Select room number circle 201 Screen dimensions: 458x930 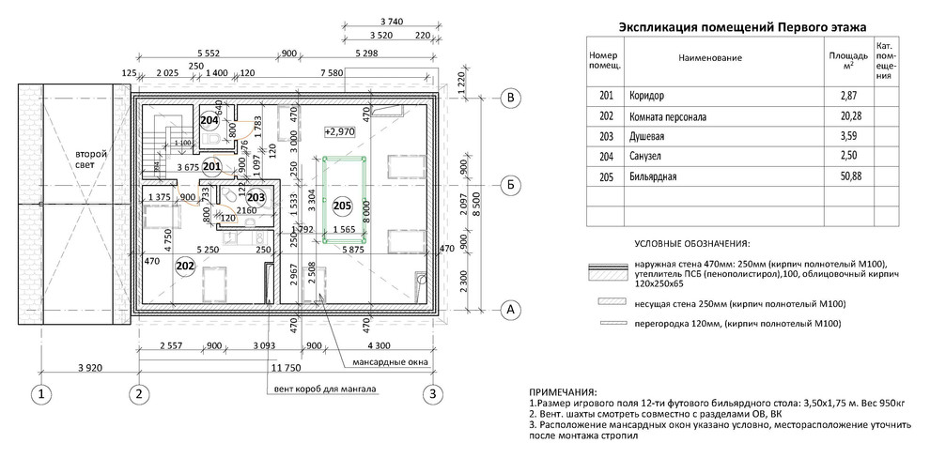211,167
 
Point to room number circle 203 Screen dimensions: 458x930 256,197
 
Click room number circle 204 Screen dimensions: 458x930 209,120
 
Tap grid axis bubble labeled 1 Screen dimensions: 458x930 41,393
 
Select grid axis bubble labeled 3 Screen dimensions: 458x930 433,393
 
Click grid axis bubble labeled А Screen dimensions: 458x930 509,308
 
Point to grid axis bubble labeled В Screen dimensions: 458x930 509,97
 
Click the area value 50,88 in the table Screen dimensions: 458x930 847,176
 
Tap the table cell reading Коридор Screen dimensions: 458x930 649,97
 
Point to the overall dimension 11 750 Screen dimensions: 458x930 286,367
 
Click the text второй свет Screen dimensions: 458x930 91,159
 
